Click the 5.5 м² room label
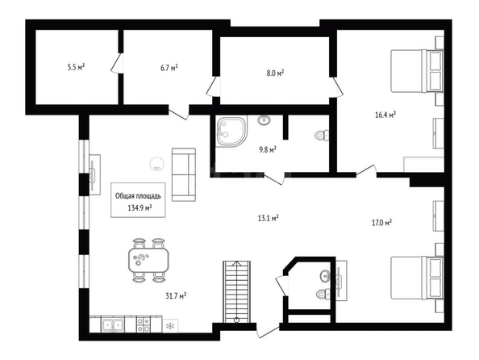coord(76,67)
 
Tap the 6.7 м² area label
coord(169,68)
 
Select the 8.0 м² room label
coord(275,73)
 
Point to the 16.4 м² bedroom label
coord(385,115)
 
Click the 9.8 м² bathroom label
coord(268,149)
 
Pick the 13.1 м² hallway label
coord(268,218)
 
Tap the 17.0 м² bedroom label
coord(382,222)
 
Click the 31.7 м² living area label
coord(177,295)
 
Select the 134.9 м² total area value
coord(140,208)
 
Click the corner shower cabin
coord(231,132)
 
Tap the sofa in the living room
coord(184,174)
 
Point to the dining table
coord(148,260)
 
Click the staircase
coord(236,291)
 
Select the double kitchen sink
coord(113,324)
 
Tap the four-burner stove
coord(144,324)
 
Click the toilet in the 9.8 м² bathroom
coord(322,135)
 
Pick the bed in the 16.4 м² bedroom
coord(417,71)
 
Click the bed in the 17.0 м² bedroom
coord(417,278)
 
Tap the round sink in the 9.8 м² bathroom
coord(264,120)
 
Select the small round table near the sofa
coord(156,164)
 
